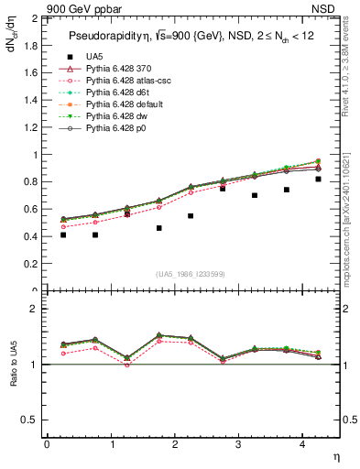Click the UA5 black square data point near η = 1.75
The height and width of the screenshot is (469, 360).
click(158, 228)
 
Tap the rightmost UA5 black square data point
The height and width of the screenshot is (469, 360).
click(318, 179)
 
